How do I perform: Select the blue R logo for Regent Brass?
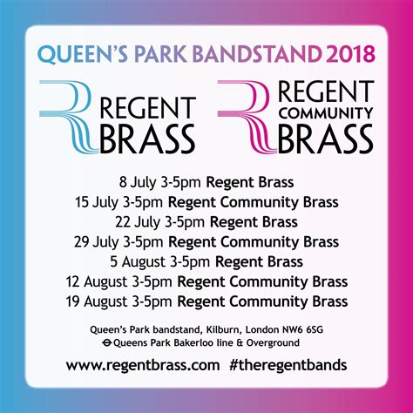coord(69,117)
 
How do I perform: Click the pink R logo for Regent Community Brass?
coord(247,117)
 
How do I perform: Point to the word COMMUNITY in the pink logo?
coord(325,113)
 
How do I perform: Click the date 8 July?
coord(138,183)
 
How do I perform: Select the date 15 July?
coord(97,202)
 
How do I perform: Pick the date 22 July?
coord(138,222)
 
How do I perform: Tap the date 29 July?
coord(97,242)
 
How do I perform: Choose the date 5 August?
coord(138,261)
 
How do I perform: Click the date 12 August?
coord(97,281)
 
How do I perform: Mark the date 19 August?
coord(97,301)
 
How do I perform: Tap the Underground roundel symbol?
coord(107,343)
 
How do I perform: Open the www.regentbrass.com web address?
coord(143,365)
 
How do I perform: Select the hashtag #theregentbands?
coord(288,365)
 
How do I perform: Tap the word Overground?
coord(273,343)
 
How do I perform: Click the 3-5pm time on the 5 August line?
coord(190,262)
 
